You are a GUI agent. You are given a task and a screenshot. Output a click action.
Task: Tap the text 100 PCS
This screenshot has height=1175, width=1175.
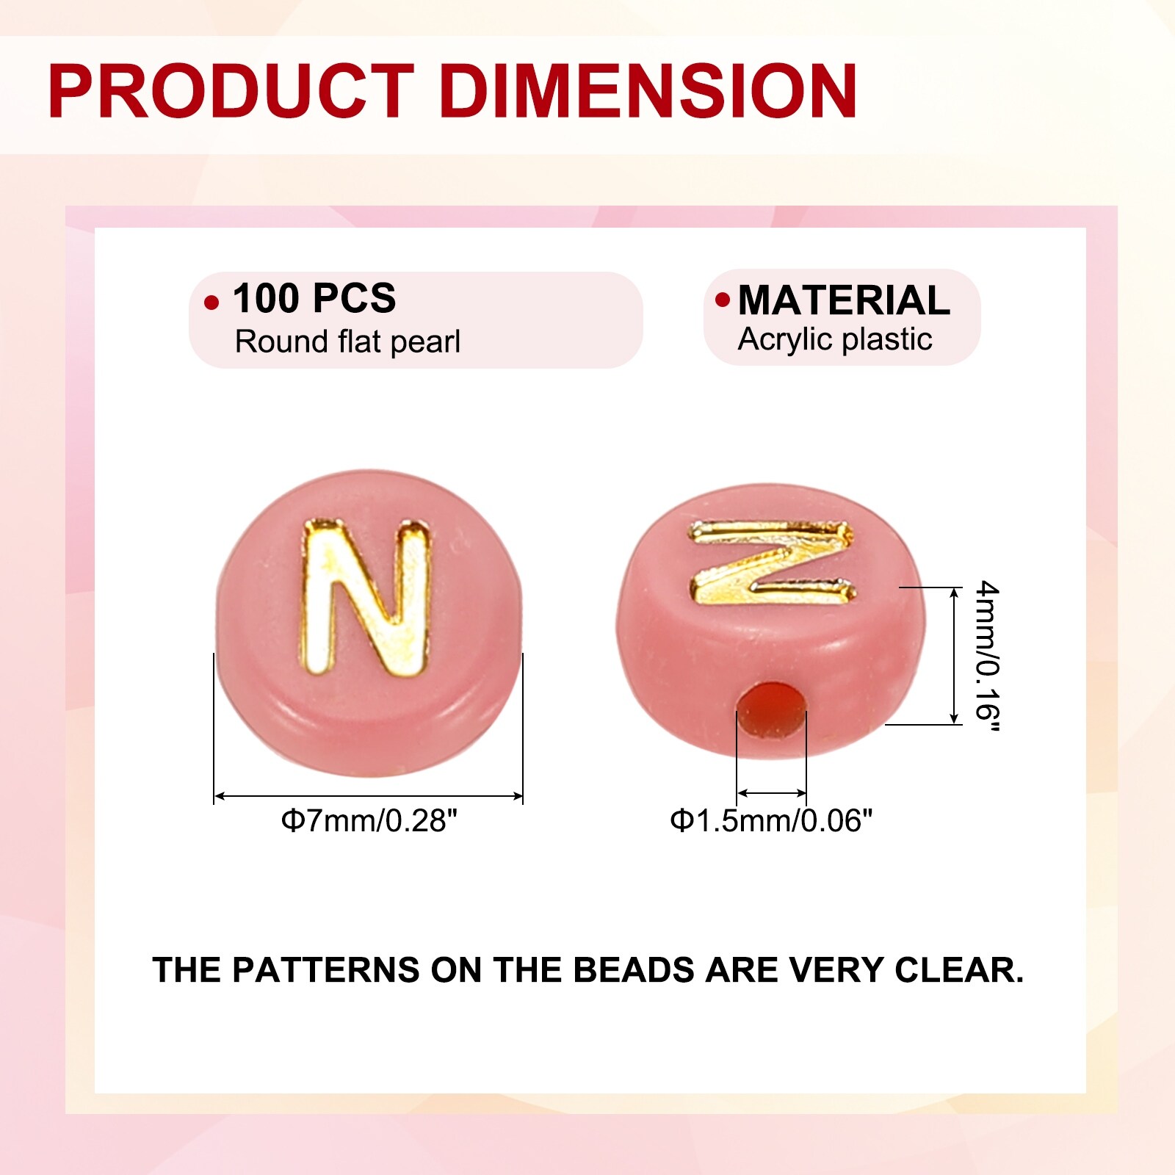click(x=314, y=298)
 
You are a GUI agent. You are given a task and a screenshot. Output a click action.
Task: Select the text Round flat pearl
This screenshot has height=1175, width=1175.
click(x=347, y=341)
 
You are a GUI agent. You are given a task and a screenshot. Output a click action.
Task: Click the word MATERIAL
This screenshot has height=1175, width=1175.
click(x=844, y=300)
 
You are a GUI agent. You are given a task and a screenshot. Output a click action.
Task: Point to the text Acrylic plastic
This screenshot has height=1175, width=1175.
click(x=835, y=339)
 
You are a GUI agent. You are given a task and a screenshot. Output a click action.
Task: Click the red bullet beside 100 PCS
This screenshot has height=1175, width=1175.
click(x=211, y=303)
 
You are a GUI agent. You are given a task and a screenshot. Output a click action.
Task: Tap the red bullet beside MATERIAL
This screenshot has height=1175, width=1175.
click(x=723, y=299)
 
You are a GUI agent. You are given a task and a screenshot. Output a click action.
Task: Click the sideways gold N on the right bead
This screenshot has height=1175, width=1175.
click(x=772, y=562)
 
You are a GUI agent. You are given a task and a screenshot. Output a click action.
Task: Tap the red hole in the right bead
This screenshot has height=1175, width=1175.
click(x=772, y=709)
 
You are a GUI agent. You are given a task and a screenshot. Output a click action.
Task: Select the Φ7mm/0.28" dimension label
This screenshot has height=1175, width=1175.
click(x=369, y=820)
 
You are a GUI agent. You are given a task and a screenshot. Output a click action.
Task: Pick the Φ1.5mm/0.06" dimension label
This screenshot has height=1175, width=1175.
click(x=771, y=820)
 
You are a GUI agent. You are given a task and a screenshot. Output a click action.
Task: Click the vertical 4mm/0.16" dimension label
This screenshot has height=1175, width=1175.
click(x=987, y=656)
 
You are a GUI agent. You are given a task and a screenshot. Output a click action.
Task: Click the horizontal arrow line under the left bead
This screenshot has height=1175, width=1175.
click(x=369, y=795)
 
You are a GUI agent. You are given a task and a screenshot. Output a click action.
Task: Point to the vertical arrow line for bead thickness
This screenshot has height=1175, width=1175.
click(x=954, y=656)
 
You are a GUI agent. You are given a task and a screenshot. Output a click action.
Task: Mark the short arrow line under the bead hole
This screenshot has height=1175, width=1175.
click(x=772, y=793)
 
